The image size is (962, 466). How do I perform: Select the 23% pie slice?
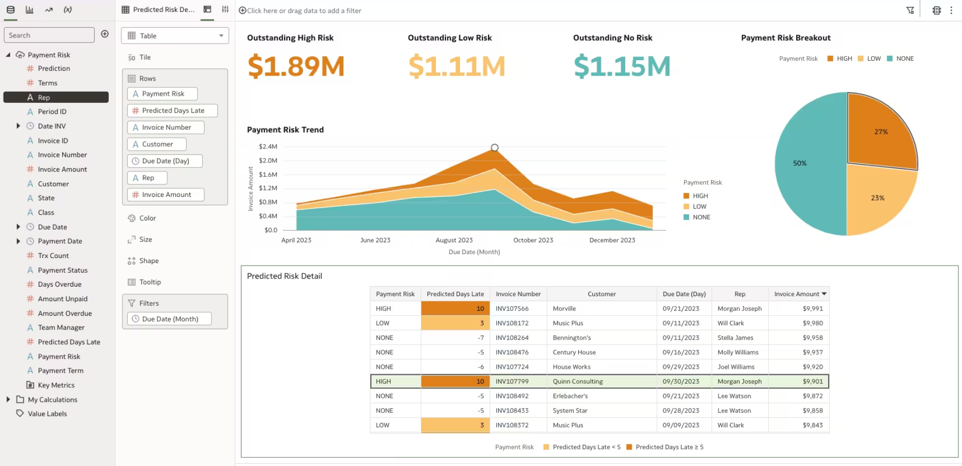877,198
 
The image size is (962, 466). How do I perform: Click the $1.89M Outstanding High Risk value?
296,66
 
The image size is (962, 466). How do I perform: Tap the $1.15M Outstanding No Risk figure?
622,66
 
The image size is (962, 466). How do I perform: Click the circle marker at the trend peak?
495,147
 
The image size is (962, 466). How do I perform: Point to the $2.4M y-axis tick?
268,146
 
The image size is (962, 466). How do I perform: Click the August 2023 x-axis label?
454,240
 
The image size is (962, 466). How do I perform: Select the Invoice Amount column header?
797,294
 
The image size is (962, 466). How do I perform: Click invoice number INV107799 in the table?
512,381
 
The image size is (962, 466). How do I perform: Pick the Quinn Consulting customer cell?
578,381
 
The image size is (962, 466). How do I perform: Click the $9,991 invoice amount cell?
813,309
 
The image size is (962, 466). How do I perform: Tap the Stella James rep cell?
735,338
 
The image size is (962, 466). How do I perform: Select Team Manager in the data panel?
61,328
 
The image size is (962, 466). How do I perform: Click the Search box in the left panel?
49,35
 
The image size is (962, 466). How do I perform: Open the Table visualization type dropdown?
175,36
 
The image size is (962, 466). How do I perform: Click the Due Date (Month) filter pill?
169,319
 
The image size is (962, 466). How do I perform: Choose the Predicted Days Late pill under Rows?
172,111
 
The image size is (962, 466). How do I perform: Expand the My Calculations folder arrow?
8,399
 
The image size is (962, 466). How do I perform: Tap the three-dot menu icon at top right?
951,10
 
